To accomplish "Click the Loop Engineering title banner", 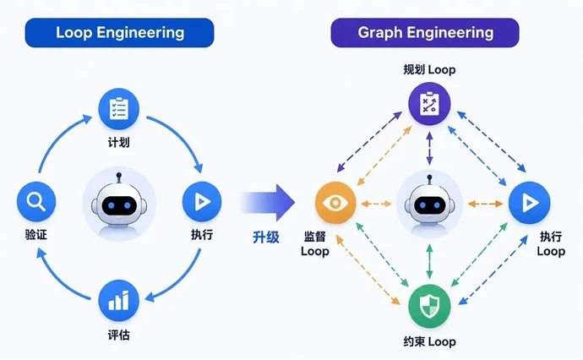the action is click(119, 33).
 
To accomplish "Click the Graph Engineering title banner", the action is click(425, 33).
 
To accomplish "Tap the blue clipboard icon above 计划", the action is click(118, 109).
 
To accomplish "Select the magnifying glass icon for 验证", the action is click(36, 202).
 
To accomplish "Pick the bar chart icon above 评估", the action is click(118, 301).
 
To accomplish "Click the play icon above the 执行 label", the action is click(202, 202).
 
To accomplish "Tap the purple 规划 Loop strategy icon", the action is click(429, 103).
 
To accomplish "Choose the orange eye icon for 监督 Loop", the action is click(335, 203).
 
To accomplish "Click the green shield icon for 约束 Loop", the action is click(429, 306).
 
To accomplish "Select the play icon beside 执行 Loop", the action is click(530, 203).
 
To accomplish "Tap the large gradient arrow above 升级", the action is click(268, 203).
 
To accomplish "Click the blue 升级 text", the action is click(266, 237).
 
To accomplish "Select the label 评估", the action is click(118, 335).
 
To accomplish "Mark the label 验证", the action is click(36, 235).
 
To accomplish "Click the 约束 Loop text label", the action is click(429, 341).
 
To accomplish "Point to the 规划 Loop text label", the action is click(429, 69).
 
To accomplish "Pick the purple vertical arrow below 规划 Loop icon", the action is click(429, 149).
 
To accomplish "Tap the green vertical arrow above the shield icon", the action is click(429, 261).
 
